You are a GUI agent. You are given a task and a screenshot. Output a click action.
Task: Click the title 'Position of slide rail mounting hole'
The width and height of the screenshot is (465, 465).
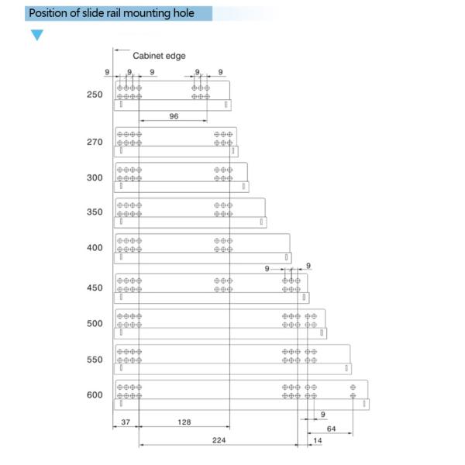coord(111,13)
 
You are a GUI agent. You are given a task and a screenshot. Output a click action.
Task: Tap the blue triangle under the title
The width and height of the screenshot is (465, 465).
coord(37,35)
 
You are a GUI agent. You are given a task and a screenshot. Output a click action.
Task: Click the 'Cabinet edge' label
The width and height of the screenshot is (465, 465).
coord(159,56)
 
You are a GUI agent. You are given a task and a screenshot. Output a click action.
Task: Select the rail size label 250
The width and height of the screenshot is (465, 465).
coord(95,95)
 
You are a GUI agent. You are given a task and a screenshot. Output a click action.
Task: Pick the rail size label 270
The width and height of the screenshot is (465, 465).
coord(95,143)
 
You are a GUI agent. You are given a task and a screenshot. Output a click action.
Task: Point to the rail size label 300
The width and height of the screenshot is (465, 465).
coord(95,177)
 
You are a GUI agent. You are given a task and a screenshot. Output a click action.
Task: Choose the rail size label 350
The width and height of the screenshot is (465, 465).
coord(95,212)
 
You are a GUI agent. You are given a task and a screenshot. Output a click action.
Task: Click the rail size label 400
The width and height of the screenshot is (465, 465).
coord(95,248)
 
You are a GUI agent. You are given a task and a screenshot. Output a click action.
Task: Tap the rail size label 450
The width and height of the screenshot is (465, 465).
coord(95,288)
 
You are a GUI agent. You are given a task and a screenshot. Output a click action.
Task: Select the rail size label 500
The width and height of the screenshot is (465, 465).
coord(95,324)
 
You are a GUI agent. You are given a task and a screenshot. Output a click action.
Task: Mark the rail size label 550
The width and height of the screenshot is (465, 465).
coord(95,360)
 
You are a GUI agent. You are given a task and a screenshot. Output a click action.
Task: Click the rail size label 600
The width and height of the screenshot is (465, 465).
coord(95,395)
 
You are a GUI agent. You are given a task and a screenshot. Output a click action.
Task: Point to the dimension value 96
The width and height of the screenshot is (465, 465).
coord(174,115)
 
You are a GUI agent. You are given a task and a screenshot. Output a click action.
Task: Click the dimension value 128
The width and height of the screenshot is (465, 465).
coord(184,422)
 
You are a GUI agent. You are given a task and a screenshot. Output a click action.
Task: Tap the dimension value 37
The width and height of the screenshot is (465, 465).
coord(126,422)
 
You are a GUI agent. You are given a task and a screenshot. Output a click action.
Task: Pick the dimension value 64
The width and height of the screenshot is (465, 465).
coord(332,428)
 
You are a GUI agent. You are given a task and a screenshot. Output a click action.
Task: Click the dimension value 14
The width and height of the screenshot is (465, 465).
coord(317,439)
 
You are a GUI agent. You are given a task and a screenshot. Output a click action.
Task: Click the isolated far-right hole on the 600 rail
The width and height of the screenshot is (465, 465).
coord(353,387)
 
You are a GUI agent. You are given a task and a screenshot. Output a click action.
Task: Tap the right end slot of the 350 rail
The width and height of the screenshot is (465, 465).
coord(263,222)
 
